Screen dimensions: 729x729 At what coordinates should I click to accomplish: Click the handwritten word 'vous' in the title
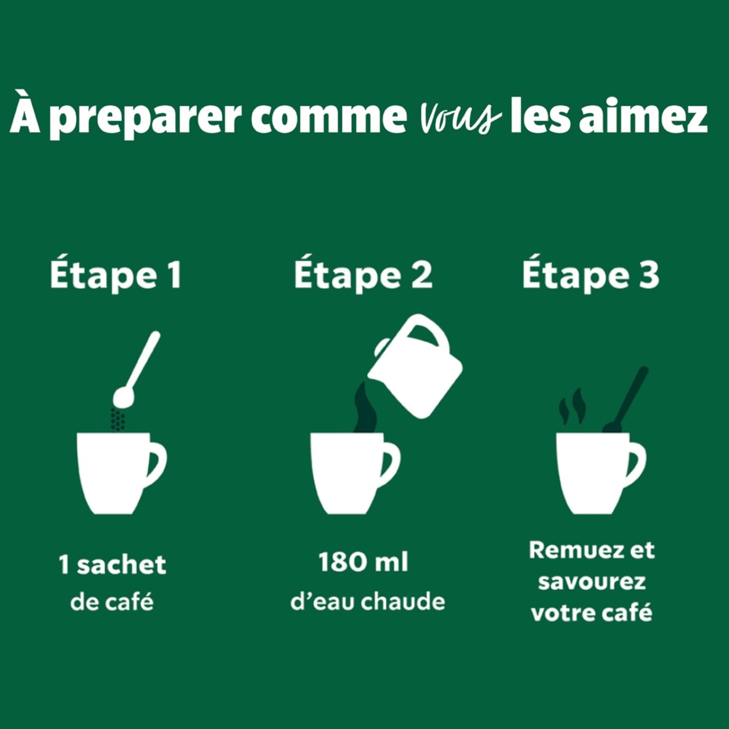click(459, 117)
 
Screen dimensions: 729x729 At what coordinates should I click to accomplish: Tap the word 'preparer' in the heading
click(146, 118)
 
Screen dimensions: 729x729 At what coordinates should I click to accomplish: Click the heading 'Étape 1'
click(116, 275)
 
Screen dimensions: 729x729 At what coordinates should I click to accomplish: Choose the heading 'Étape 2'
click(363, 275)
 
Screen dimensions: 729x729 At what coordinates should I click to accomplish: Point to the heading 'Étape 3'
click(590, 275)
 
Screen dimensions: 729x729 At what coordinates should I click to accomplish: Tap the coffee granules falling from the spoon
click(117, 419)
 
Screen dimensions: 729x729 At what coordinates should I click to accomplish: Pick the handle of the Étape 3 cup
click(637, 462)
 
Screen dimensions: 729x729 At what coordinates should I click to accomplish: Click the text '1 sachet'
click(113, 565)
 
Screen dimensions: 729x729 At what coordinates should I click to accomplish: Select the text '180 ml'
click(363, 562)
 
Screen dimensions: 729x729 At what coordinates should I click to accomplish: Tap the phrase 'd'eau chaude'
click(367, 602)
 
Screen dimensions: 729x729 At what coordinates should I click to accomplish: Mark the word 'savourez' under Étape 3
click(591, 581)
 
